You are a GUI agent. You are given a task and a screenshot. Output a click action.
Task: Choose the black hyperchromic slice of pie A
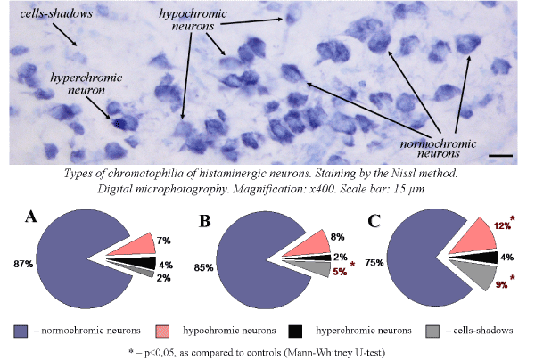point(121,264)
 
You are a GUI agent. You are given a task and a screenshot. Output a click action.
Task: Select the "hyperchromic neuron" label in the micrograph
point(79,84)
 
